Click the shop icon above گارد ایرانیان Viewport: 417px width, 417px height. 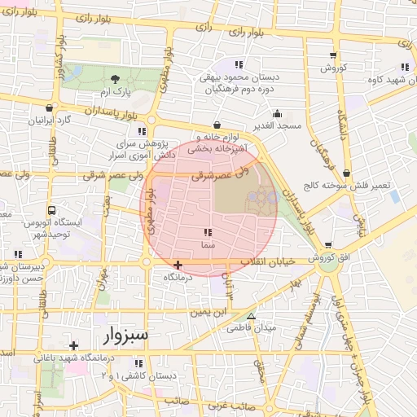[50, 108]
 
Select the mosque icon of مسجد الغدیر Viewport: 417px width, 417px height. [277, 114]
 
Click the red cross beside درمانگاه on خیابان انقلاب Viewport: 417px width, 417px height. [178, 265]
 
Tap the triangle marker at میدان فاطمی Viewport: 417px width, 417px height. [251, 316]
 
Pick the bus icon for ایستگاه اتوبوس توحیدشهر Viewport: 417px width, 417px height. [52, 209]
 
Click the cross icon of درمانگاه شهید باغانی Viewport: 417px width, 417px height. [74, 345]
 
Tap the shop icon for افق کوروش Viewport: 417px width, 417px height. [328, 245]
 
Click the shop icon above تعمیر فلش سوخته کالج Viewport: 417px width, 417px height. [348, 173]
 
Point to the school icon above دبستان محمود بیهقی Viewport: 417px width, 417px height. [239, 64]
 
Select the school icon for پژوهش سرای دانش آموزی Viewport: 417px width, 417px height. [142, 130]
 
